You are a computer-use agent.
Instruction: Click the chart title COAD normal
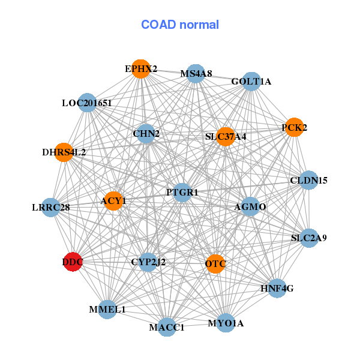tap(180, 25)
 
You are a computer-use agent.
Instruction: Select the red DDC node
tap(73, 262)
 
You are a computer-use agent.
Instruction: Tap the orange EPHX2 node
tap(140, 69)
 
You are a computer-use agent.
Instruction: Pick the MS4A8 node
tap(196, 74)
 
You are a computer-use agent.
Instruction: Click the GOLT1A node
tap(251, 82)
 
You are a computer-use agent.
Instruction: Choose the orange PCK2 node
tap(294, 127)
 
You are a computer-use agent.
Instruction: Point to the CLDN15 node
tap(308, 180)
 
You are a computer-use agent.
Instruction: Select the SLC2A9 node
tap(309, 238)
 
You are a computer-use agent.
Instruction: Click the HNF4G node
tap(277, 288)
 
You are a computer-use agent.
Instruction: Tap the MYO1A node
tap(226, 323)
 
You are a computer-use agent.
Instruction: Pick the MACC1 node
tap(167, 327)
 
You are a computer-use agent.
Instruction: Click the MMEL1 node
tap(107, 309)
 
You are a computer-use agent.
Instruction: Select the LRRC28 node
tap(52, 208)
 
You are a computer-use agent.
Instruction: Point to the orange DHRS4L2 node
tap(65, 152)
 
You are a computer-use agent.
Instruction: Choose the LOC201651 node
tap(88, 103)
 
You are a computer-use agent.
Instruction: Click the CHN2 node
tap(146, 133)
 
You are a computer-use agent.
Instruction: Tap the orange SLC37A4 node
tap(226, 136)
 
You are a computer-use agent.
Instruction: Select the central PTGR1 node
tap(182, 192)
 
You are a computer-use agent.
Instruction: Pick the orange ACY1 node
tap(113, 200)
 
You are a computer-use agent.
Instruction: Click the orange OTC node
tap(215, 263)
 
